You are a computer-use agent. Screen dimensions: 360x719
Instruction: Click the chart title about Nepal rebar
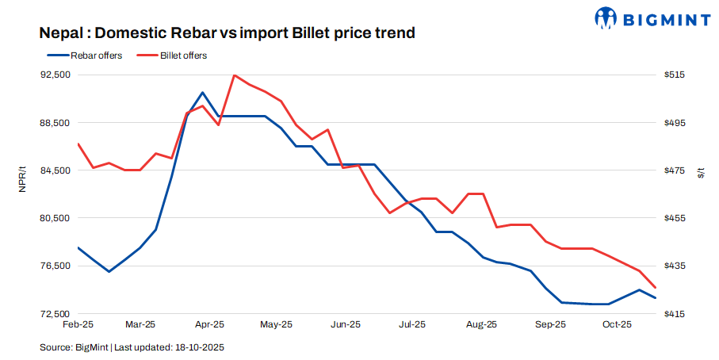click(227, 33)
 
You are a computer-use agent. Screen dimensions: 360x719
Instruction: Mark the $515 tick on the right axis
click(675, 75)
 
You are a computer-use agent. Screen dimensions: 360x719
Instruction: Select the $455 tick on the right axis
click(675, 218)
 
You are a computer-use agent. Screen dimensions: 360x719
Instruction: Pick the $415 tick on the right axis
click(675, 314)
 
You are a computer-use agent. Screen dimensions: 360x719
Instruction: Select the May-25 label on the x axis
click(277, 324)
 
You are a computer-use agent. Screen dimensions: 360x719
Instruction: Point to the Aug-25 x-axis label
click(481, 324)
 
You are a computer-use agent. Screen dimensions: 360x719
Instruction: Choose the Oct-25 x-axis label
click(617, 324)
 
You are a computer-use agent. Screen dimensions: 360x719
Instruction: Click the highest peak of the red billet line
click(235, 75)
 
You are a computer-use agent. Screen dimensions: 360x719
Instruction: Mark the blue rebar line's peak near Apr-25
click(203, 93)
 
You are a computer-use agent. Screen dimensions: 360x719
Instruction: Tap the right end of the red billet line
click(655, 287)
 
